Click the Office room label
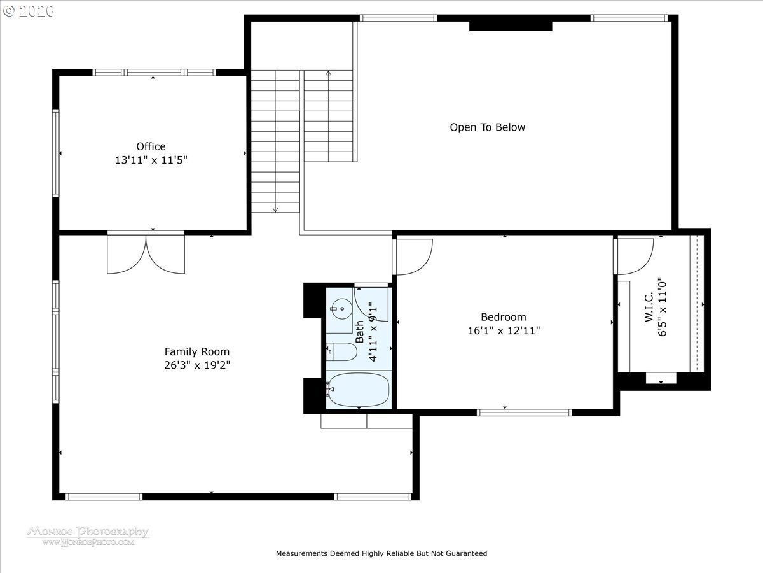[x=151, y=146]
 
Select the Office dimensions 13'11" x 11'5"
[x=151, y=160]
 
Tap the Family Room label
[x=197, y=351]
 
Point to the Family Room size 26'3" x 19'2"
[x=197, y=365]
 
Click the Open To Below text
[x=488, y=127]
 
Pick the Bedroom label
[x=503, y=317]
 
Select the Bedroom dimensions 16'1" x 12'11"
[x=503, y=330]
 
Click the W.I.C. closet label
[x=649, y=308]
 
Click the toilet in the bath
[x=341, y=351]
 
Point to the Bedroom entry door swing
[x=414, y=257]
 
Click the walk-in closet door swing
[x=635, y=256]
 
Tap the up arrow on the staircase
[x=328, y=74]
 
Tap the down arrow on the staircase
[x=275, y=209]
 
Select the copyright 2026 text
[x=28, y=11]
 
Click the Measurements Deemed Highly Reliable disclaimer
[x=381, y=553]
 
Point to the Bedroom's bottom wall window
[x=525, y=412]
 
